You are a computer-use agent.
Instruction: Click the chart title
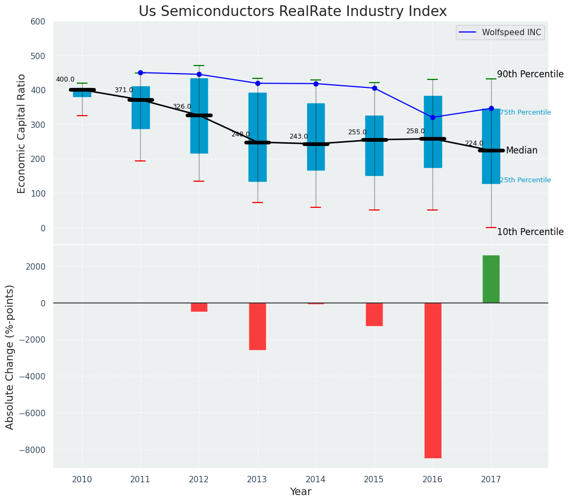[293, 12]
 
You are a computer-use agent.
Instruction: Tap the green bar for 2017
[491, 279]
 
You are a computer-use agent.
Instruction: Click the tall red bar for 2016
[432, 380]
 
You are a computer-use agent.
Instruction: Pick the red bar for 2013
[258, 326]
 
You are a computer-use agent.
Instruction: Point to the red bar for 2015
[374, 314]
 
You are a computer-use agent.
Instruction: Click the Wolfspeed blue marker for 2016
[432, 117]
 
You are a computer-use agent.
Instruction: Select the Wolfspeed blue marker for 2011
[141, 72]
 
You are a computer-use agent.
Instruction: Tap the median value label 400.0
[65, 80]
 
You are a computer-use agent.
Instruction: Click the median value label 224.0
[474, 144]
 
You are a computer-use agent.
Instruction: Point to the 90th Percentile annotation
[530, 75]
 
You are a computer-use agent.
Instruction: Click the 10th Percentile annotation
[530, 232]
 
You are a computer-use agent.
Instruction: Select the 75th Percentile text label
[525, 112]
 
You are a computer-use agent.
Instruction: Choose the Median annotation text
[522, 151]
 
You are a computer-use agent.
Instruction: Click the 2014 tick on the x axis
[316, 480]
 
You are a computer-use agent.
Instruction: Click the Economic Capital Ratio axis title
[22, 133]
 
